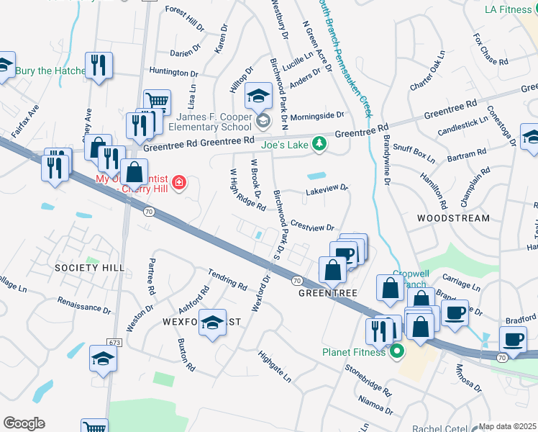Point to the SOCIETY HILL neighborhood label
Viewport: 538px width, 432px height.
86,268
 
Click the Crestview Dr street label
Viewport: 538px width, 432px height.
313,226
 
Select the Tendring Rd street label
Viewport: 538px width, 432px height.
227,279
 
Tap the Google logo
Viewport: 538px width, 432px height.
24,423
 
